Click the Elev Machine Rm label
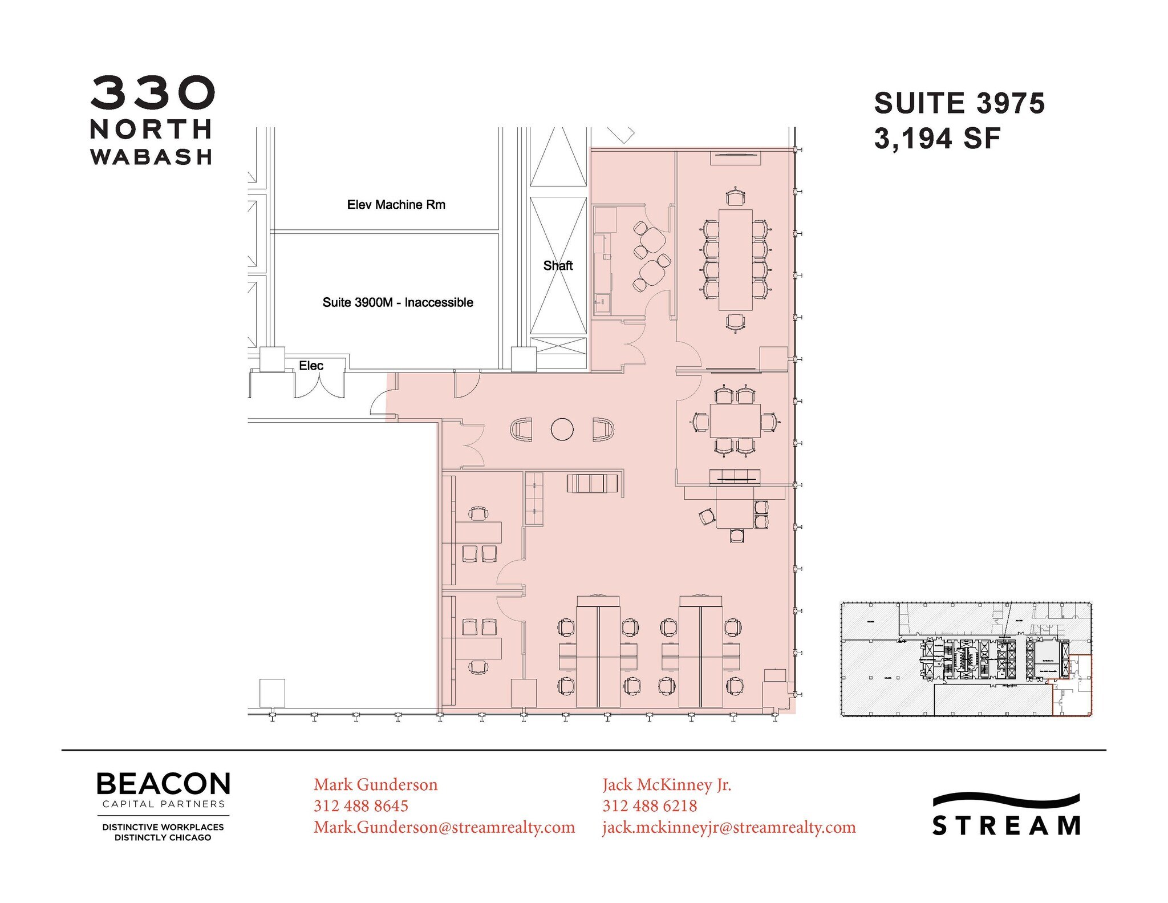pos(396,204)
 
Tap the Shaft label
pos(558,265)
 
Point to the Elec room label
pos(311,366)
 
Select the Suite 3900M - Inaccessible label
pos(398,302)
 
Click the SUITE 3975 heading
pos(959,103)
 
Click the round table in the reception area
pos(562,430)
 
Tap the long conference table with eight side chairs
pos(735,260)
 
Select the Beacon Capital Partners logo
pos(163,791)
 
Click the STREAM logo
pos(1006,816)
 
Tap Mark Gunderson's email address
pos(444,827)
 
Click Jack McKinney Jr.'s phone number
pos(650,805)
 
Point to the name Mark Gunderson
pos(375,784)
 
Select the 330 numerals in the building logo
pos(152,93)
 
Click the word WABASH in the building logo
pos(151,157)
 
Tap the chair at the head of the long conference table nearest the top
pos(736,197)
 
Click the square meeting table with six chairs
pos(735,420)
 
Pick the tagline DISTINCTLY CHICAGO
pos(163,837)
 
